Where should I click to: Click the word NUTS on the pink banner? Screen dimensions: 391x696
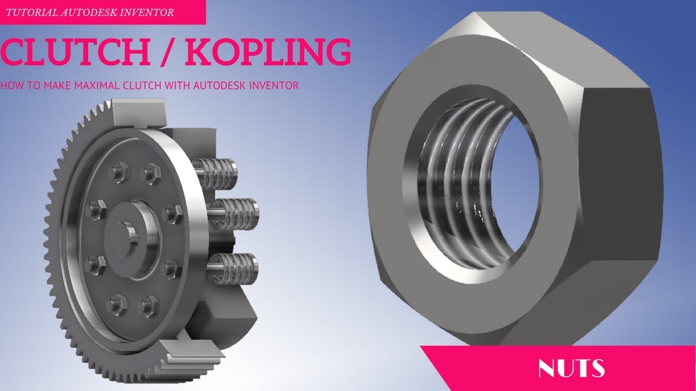570,368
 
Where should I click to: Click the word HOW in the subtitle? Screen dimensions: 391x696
10,85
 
